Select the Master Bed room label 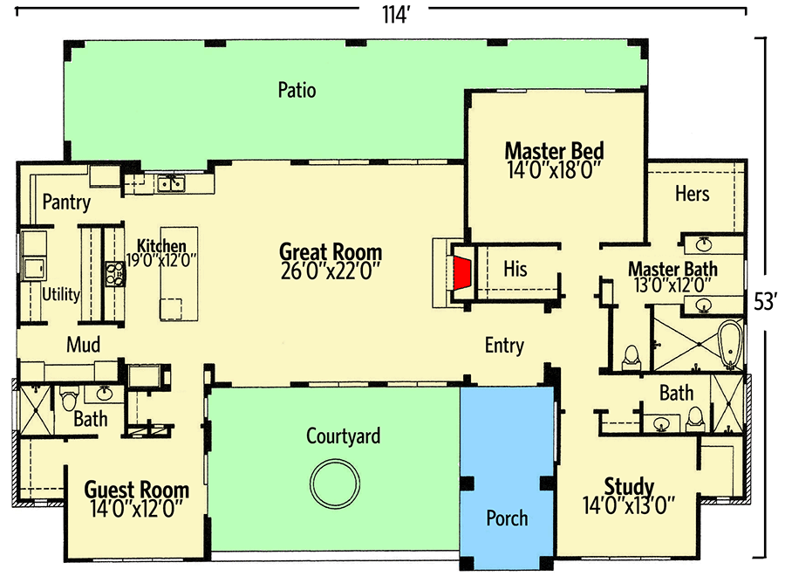(x=554, y=150)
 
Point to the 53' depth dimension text (x=765, y=302)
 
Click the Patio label (x=297, y=90)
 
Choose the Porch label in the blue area (x=507, y=518)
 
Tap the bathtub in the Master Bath (x=729, y=343)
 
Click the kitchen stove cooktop (x=115, y=273)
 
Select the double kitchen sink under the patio (x=170, y=183)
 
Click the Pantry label (x=66, y=203)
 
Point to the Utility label (x=61, y=294)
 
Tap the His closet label (x=515, y=270)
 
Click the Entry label (x=504, y=346)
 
